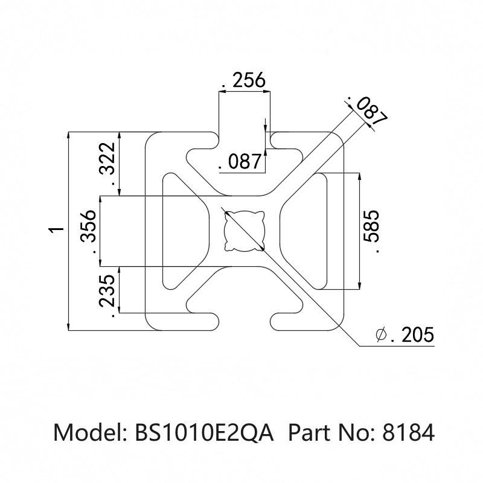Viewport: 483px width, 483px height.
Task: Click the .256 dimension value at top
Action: pos(245,80)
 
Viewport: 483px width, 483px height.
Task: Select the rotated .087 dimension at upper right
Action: pos(367,112)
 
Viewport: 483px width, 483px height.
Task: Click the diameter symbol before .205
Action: pos(380,335)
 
